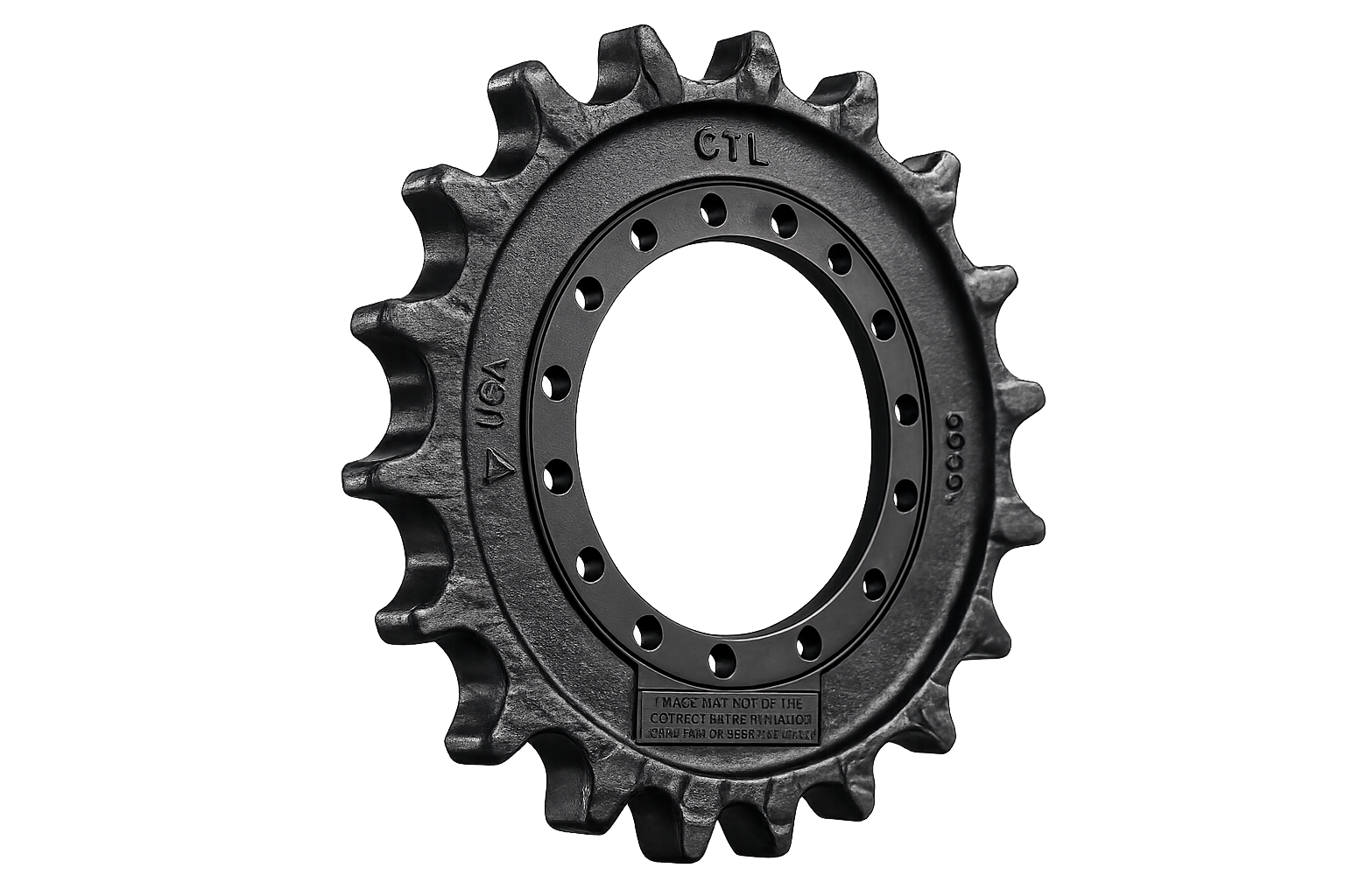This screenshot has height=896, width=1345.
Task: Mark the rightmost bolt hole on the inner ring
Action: [x=906, y=406]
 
